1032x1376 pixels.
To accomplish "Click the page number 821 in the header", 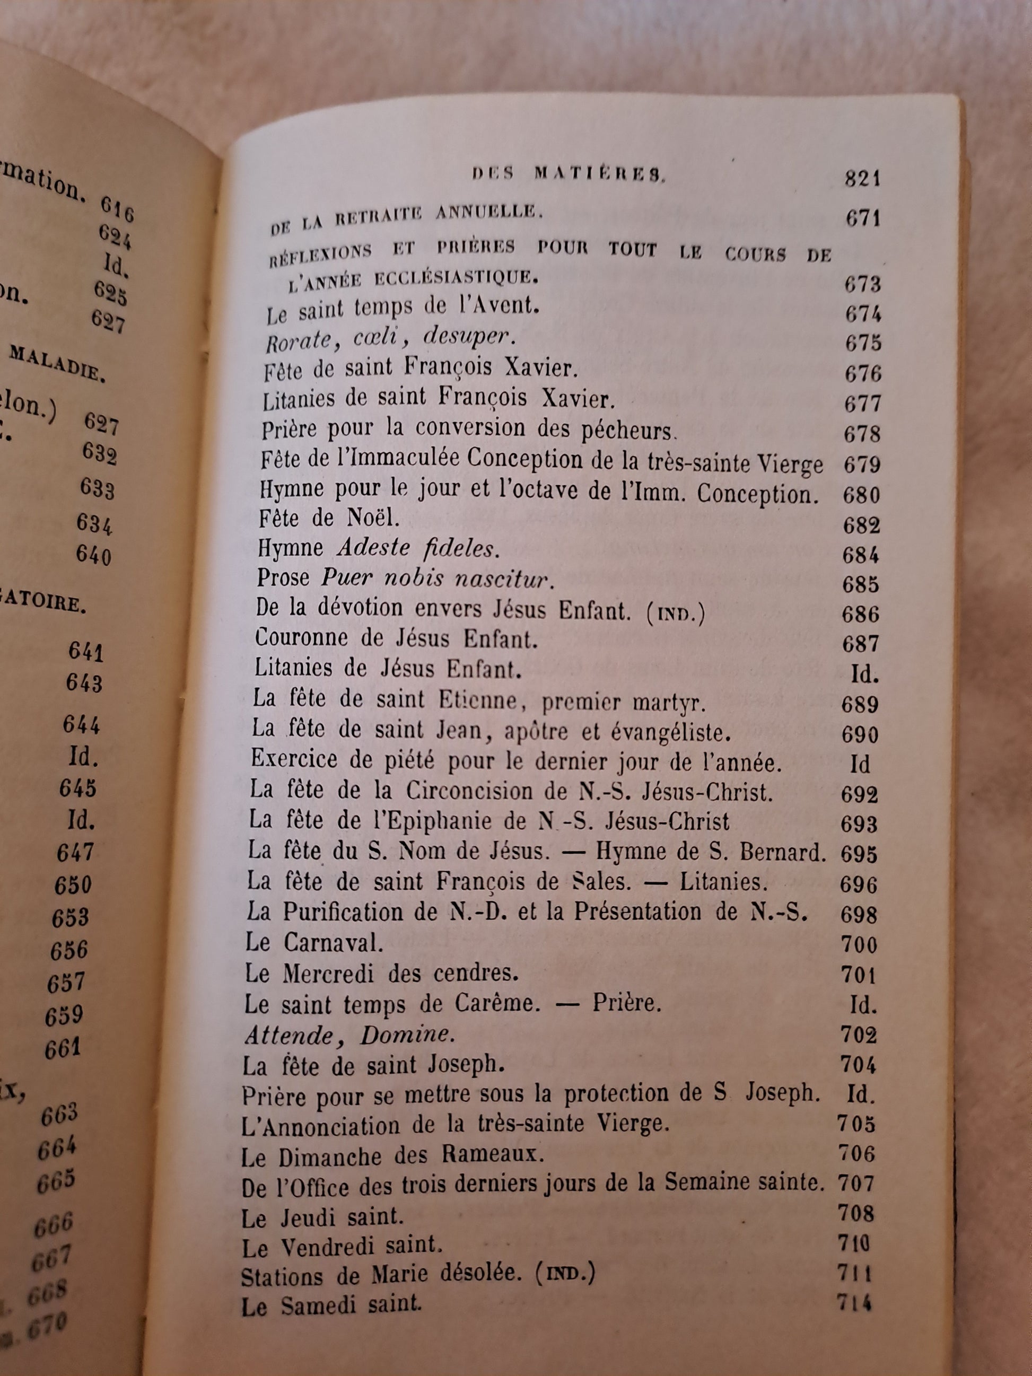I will [863, 179].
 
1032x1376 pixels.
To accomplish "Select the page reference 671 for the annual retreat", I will [863, 219].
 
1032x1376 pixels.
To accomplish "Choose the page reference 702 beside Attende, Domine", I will [859, 1035].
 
